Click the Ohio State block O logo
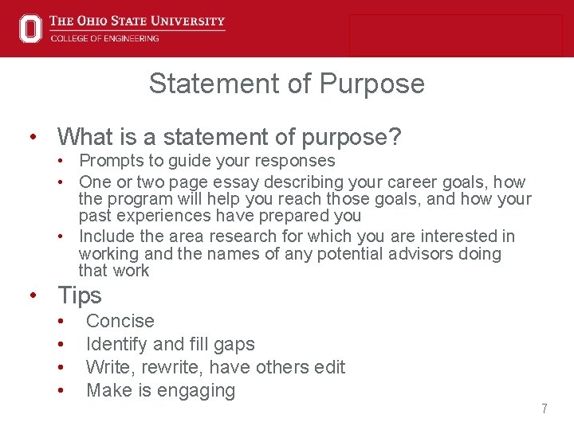(x=30, y=28)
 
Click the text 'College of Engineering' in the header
(x=104, y=37)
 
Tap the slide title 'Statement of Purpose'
(x=286, y=83)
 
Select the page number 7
(x=544, y=408)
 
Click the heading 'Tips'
(x=80, y=295)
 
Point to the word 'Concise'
(x=120, y=321)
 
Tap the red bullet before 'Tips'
(x=33, y=296)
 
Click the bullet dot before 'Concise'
(x=61, y=322)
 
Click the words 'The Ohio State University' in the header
(x=137, y=21)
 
